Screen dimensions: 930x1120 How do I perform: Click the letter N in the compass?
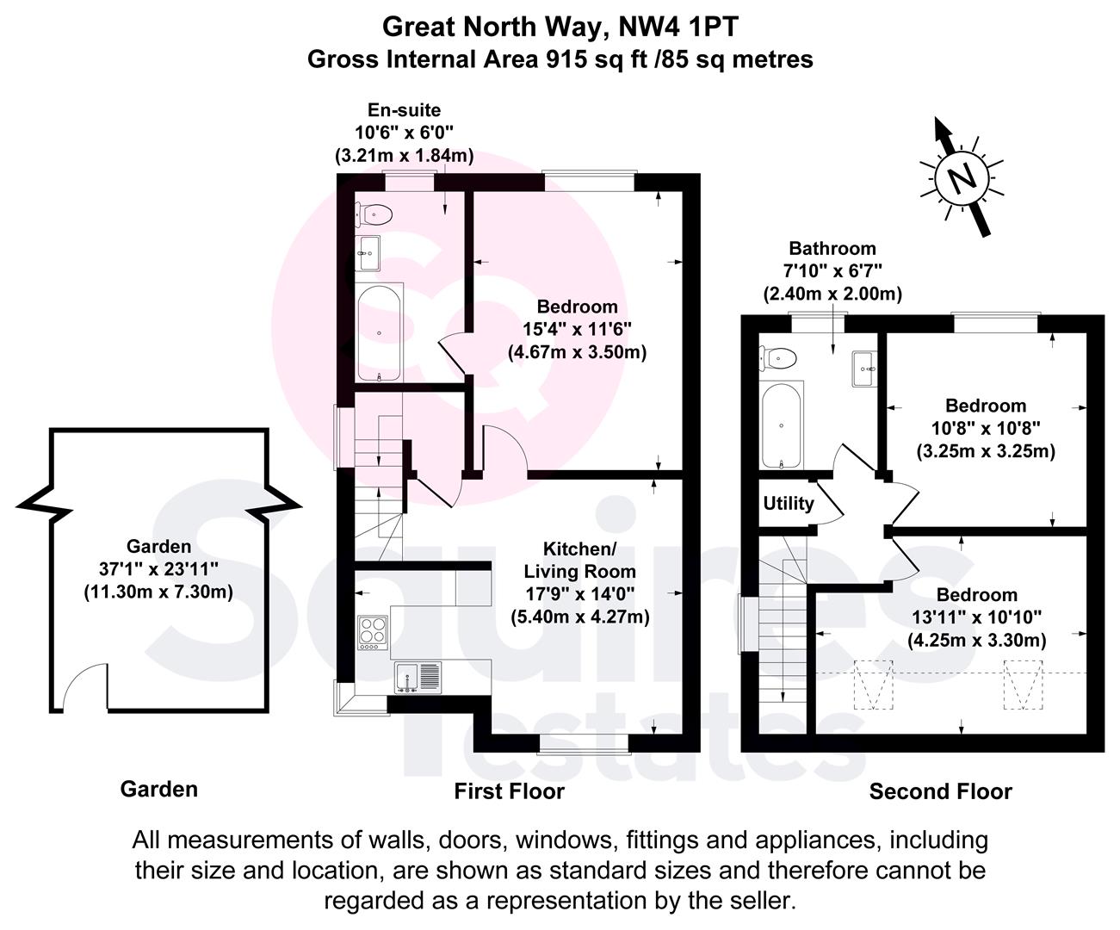(963, 180)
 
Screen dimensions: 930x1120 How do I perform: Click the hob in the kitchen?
(373, 634)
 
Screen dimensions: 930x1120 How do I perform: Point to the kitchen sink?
(418, 677)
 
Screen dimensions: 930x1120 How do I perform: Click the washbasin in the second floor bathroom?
(863, 369)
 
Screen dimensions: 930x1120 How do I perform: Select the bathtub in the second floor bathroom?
(782, 426)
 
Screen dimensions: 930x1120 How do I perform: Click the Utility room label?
(789, 503)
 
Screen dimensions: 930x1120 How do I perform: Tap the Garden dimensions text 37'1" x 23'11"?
(158, 568)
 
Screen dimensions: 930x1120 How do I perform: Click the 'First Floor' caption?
(510, 791)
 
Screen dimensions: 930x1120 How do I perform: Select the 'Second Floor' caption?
(940, 791)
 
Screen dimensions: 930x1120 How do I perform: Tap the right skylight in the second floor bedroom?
(1022, 685)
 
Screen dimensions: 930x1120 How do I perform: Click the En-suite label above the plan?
(404, 110)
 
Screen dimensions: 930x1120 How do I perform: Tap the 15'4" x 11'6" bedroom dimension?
(577, 328)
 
